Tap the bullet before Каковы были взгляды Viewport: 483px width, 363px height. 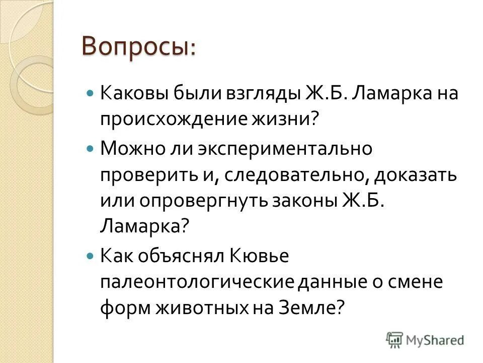point(91,94)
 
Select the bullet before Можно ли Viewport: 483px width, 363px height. point(91,149)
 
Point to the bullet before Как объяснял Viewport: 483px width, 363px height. point(91,256)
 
